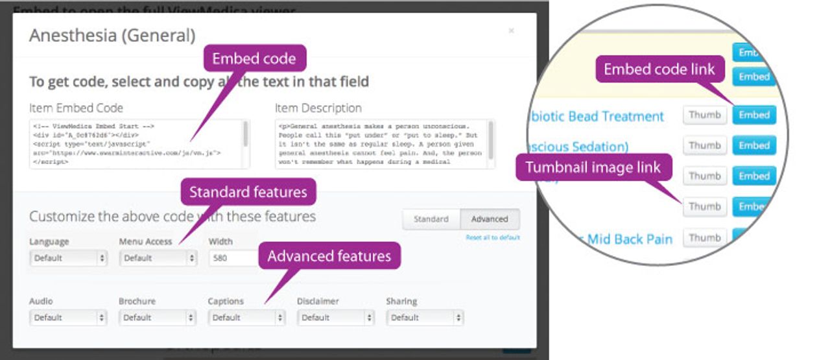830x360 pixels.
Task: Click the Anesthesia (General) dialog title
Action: click(x=112, y=35)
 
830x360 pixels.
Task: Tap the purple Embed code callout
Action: click(x=254, y=58)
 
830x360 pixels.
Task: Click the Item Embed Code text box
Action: click(x=139, y=144)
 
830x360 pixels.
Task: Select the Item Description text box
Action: click(x=384, y=144)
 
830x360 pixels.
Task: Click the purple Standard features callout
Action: click(x=248, y=192)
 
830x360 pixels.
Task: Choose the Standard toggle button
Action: click(x=431, y=219)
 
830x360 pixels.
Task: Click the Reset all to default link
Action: click(x=493, y=237)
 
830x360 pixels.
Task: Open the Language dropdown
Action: click(x=68, y=258)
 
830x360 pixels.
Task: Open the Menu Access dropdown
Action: click(x=158, y=258)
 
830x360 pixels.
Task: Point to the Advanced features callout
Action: click(x=329, y=256)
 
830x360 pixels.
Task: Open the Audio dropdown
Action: click(x=68, y=318)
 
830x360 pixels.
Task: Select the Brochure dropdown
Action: click(x=158, y=318)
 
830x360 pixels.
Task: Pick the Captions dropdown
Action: click(x=247, y=318)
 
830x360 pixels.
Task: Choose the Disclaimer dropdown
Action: click(x=336, y=318)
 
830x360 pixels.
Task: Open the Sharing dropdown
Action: click(x=425, y=318)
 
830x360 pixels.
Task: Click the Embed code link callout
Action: click(x=659, y=69)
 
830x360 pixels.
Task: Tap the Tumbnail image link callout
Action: click(x=593, y=168)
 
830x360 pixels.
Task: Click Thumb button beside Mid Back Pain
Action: click(x=705, y=237)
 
